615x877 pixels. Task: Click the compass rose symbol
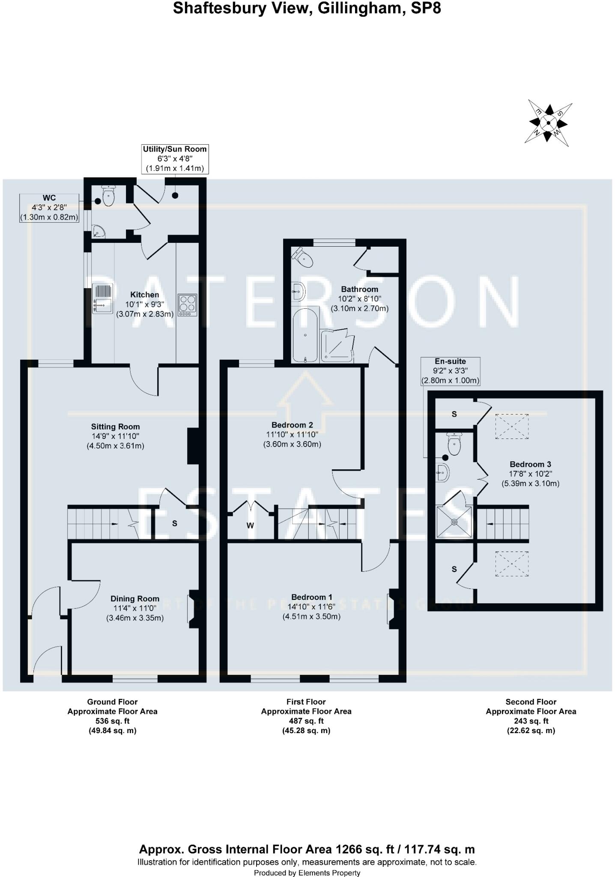click(548, 123)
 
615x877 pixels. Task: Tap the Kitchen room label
click(145, 295)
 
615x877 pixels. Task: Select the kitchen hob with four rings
click(187, 304)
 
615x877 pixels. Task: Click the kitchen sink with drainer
click(102, 298)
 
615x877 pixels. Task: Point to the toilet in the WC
click(109, 196)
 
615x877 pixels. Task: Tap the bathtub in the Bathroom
click(305, 334)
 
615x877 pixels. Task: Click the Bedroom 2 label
click(292, 425)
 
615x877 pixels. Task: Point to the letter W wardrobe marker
click(250, 525)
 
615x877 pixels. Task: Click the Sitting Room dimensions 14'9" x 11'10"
click(115, 436)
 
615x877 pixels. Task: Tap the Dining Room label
click(135, 599)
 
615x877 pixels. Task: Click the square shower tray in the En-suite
click(454, 522)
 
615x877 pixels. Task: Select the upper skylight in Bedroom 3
click(512, 426)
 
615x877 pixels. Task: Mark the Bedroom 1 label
click(311, 597)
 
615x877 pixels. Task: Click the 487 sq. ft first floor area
click(306, 721)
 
